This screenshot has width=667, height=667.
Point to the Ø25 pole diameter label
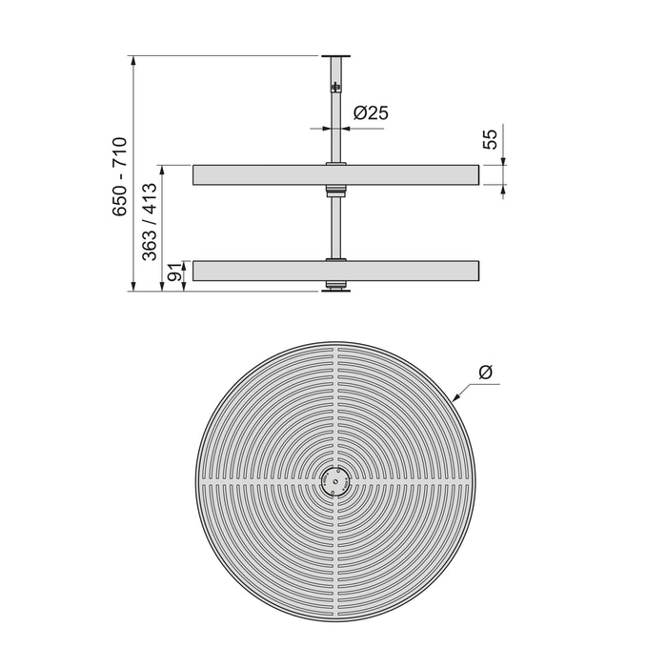pos(370,112)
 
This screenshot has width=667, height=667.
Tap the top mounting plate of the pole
pos(333,57)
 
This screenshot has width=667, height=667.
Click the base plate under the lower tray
pos(333,291)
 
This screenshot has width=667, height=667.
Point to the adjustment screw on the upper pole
pos(334,88)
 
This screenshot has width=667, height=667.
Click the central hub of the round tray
pos(334,482)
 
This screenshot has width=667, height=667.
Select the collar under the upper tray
pos(334,191)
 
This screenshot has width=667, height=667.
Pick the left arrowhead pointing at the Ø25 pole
pos(323,126)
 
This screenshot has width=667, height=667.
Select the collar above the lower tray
pos(334,257)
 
